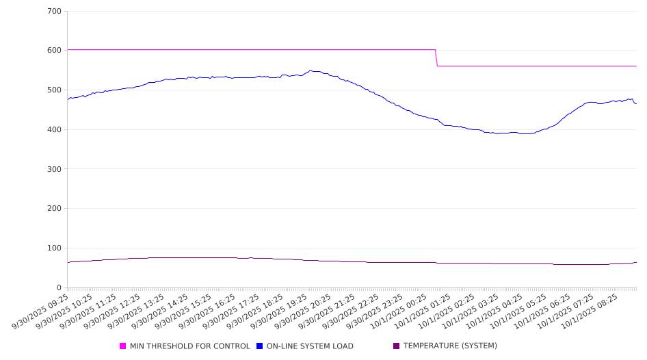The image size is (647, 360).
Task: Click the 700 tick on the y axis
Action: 55,12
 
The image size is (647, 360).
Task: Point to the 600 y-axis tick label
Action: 55,51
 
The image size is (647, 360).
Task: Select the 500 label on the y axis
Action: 55,90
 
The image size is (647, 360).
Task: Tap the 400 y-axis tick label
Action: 55,130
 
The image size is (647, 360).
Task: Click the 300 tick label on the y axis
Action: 55,169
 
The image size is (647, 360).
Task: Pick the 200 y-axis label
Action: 55,209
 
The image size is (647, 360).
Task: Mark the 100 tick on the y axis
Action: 55,248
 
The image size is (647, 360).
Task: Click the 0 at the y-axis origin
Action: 60,287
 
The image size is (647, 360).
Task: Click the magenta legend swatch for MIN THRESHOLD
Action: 123,346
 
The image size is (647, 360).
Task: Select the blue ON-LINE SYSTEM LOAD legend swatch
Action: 260,346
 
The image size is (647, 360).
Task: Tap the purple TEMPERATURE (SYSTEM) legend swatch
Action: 396,346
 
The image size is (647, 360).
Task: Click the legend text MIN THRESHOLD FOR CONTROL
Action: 189,346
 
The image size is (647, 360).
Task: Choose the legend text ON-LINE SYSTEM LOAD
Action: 310,346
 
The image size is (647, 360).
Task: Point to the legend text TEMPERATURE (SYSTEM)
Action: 450,346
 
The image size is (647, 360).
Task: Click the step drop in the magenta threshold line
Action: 436,57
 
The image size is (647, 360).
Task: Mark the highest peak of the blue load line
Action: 311,70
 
